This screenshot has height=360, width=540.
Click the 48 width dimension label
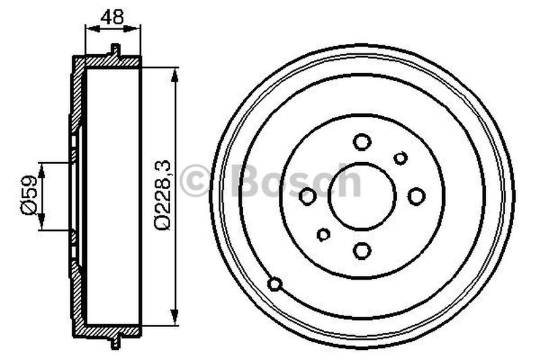(113, 17)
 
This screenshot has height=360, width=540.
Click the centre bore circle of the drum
(362, 197)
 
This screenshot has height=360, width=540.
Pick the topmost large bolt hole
(362, 142)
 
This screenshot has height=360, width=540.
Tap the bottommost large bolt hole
(362, 251)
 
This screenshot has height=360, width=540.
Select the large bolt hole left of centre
(308, 197)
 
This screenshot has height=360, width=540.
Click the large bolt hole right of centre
(416, 196)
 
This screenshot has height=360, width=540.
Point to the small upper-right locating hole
(400, 158)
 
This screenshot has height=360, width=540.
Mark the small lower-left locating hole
(324, 234)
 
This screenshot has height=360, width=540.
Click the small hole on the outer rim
(275, 284)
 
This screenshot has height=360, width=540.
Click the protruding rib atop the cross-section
(115, 50)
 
